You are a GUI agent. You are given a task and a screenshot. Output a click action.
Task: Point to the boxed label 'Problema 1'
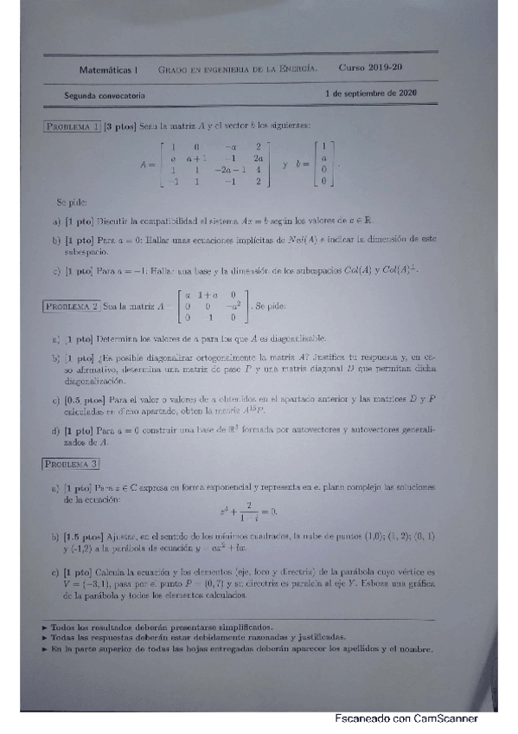(x=73, y=126)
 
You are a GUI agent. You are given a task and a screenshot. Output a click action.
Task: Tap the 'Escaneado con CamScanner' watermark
(x=406, y=718)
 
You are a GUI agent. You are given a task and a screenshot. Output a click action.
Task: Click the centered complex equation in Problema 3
(x=248, y=512)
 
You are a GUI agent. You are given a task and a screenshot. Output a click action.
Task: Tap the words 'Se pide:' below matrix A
(x=72, y=202)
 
